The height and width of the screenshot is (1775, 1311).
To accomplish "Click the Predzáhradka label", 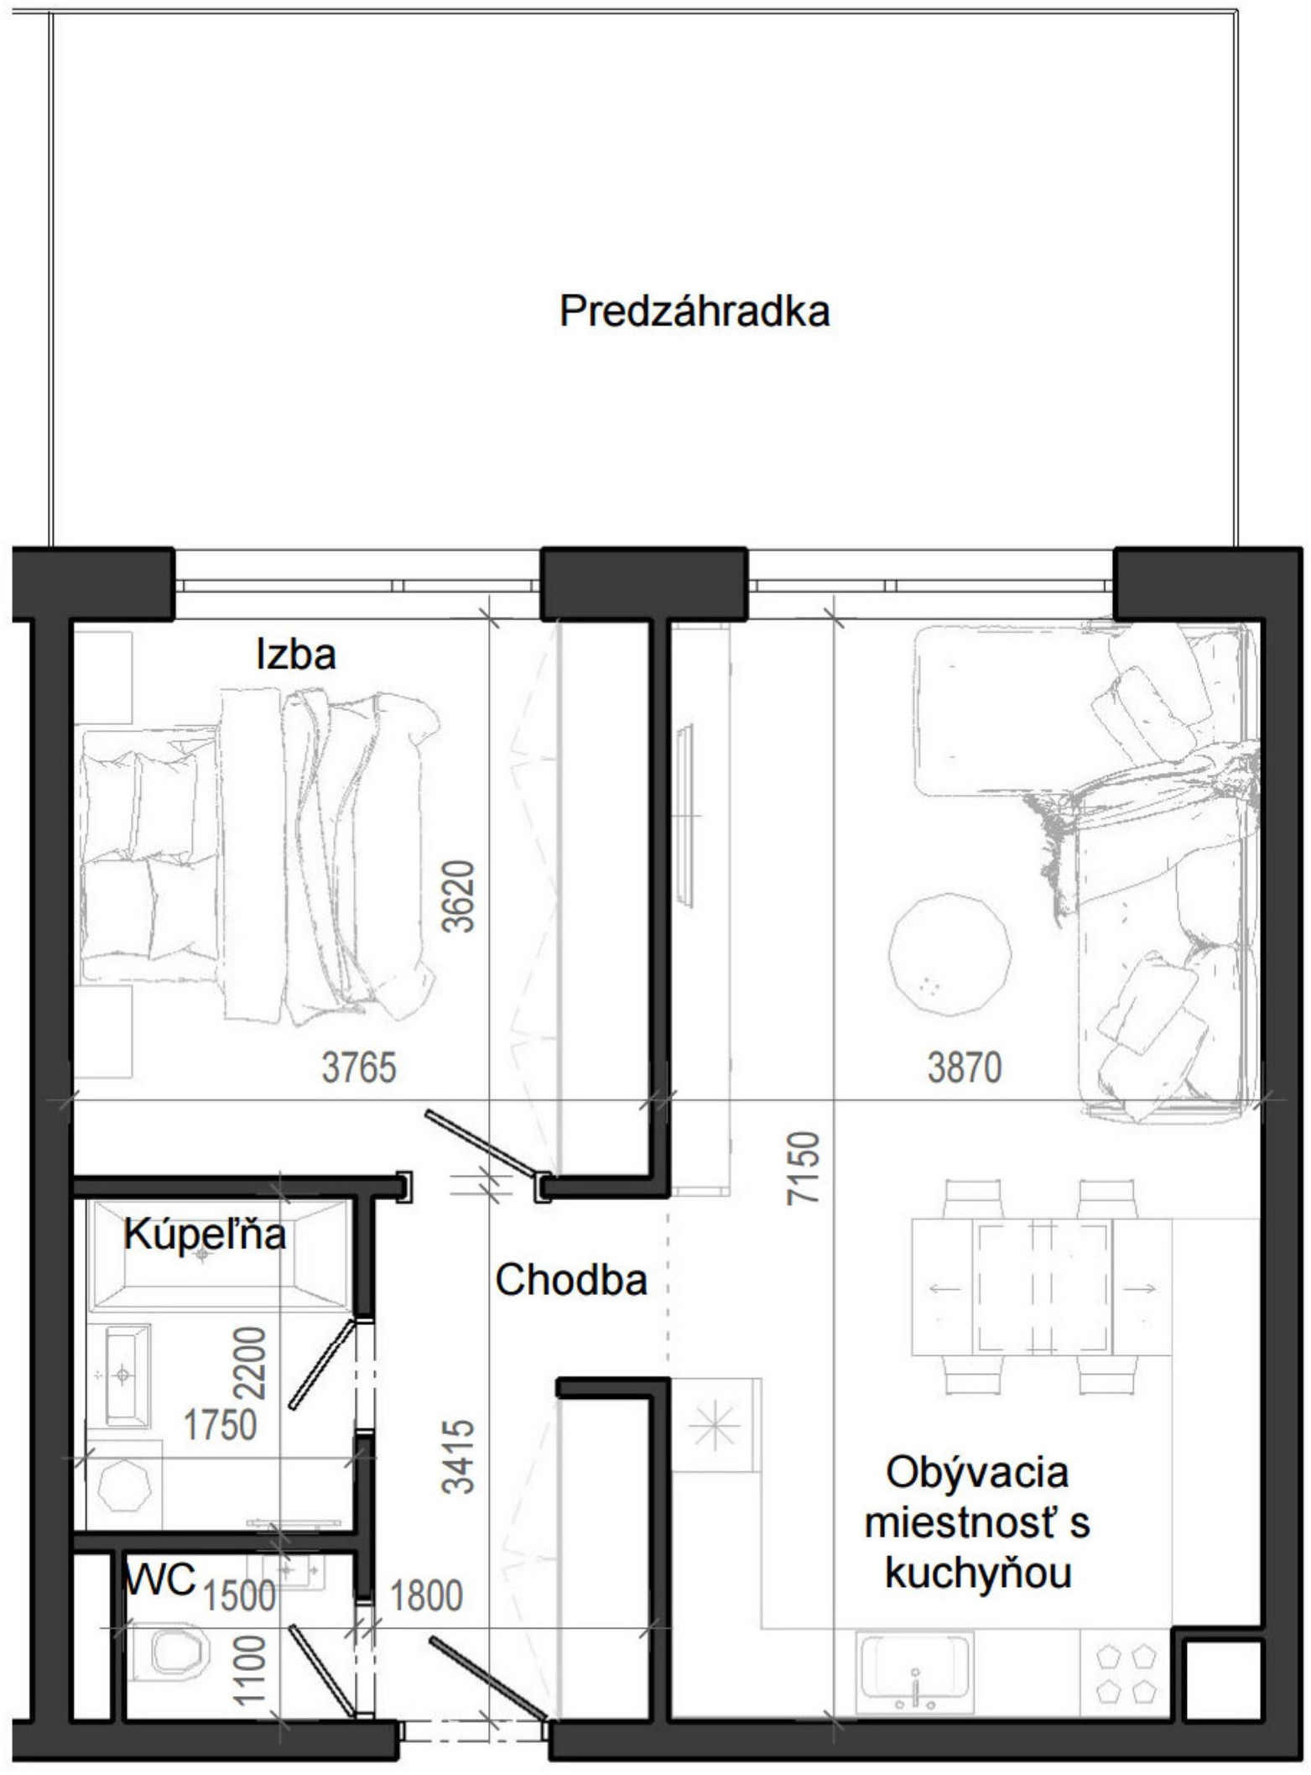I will (x=695, y=311).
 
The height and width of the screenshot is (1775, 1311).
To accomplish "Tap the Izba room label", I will (x=296, y=655).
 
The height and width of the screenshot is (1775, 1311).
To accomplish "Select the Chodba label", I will (x=571, y=1280).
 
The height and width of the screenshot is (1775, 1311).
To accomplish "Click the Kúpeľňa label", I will (x=205, y=1234).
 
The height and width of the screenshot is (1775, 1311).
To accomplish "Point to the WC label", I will (x=159, y=1579).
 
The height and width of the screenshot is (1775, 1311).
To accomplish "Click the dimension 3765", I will (x=359, y=1068).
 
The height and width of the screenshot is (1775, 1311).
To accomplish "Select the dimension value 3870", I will (x=965, y=1068).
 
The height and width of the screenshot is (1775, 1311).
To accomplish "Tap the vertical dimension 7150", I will (x=803, y=1168).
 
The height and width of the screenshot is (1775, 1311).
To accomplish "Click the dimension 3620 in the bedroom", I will (x=460, y=896).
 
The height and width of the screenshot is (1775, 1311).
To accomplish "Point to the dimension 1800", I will (x=426, y=1595).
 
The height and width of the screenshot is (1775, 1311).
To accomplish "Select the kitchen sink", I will (x=914, y=1669).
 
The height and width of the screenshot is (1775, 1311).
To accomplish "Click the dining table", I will (x=1043, y=1288).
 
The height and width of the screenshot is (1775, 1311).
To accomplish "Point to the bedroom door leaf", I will (x=481, y=1143).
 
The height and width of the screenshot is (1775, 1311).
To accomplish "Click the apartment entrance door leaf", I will (x=487, y=1676).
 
